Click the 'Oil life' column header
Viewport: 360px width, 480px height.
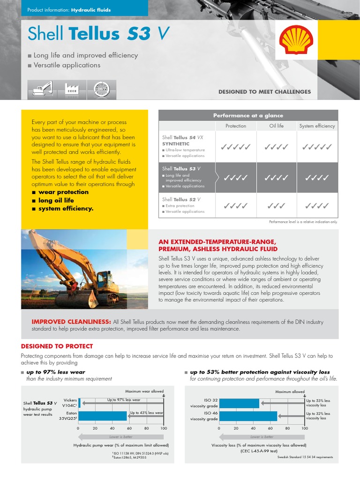coord(277,126)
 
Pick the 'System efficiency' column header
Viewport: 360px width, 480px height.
coord(317,126)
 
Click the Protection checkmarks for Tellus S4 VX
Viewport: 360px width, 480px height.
coord(235,147)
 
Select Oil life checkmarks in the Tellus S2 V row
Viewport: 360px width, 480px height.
coord(277,205)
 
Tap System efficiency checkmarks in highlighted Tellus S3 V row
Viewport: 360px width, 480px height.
coord(317,178)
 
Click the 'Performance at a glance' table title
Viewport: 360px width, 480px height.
coord(248,115)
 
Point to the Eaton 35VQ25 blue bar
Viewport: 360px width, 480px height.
coord(103,416)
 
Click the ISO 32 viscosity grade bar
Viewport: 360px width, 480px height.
coord(239,403)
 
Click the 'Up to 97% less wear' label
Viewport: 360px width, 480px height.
coord(124,400)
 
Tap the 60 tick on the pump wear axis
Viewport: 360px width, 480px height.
coord(129,428)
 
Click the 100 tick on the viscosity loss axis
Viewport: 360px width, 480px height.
coord(305,428)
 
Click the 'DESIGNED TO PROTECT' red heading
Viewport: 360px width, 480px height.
coord(57,346)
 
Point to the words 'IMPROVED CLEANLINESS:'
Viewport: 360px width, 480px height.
coord(71,322)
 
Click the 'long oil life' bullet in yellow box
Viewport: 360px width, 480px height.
coord(56,200)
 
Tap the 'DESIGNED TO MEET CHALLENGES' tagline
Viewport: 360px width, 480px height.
coord(264,92)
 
